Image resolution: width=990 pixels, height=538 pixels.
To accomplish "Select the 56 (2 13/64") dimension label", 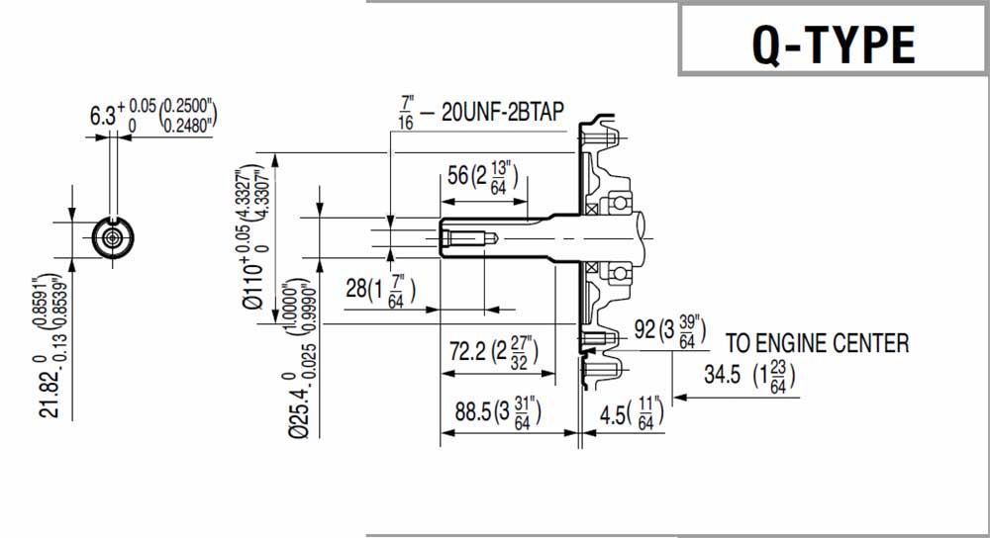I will [x=483, y=177].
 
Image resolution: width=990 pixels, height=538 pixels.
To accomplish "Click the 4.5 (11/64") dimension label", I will [x=631, y=412].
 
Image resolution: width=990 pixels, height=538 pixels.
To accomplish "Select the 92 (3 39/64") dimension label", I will [x=671, y=330].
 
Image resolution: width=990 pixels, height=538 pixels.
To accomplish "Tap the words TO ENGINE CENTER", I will [x=817, y=344].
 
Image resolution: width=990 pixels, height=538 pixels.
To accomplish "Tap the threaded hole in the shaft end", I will [x=465, y=238].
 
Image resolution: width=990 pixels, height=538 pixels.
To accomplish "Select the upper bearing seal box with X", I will [x=591, y=209].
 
